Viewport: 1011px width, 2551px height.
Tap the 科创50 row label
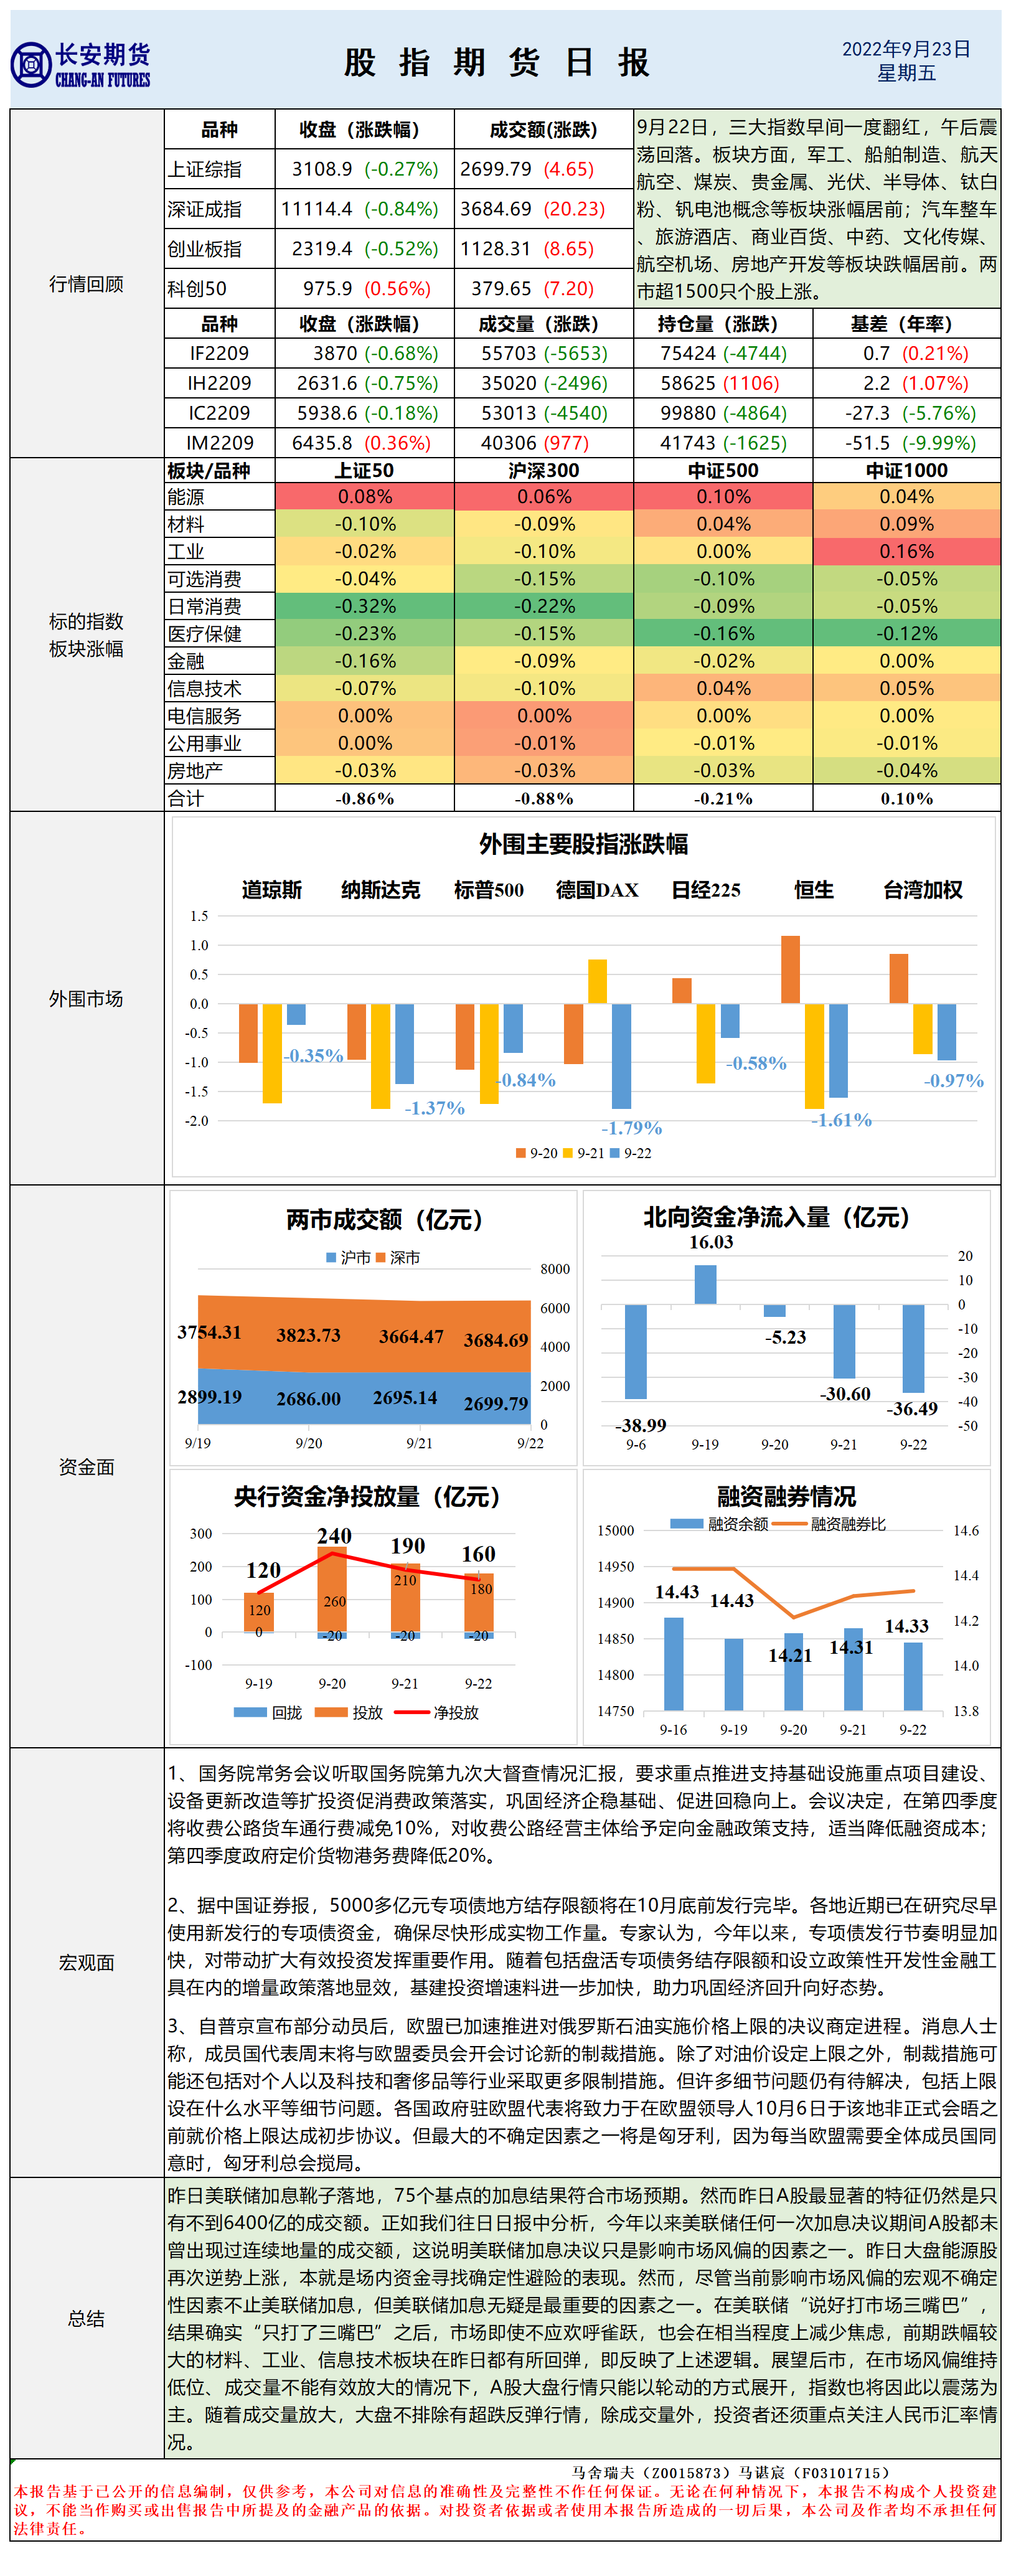[x=197, y=288]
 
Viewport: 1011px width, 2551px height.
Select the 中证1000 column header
[x=906, y=470]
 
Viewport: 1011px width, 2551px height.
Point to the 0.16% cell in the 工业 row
[x=906, y=552]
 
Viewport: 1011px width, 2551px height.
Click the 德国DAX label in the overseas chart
[x=596, y=889]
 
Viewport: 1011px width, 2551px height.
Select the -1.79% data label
[x=631, y=1128]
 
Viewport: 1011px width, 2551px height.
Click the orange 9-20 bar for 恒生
[x=790, y=969]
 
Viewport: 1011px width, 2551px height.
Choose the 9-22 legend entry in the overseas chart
[x=631, y=1153]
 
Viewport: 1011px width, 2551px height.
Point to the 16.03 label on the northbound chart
[x=711, y=1242]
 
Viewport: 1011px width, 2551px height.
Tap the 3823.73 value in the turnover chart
[x=308, y=1335]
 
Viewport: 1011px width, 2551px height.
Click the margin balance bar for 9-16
[x=674, y=1664]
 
